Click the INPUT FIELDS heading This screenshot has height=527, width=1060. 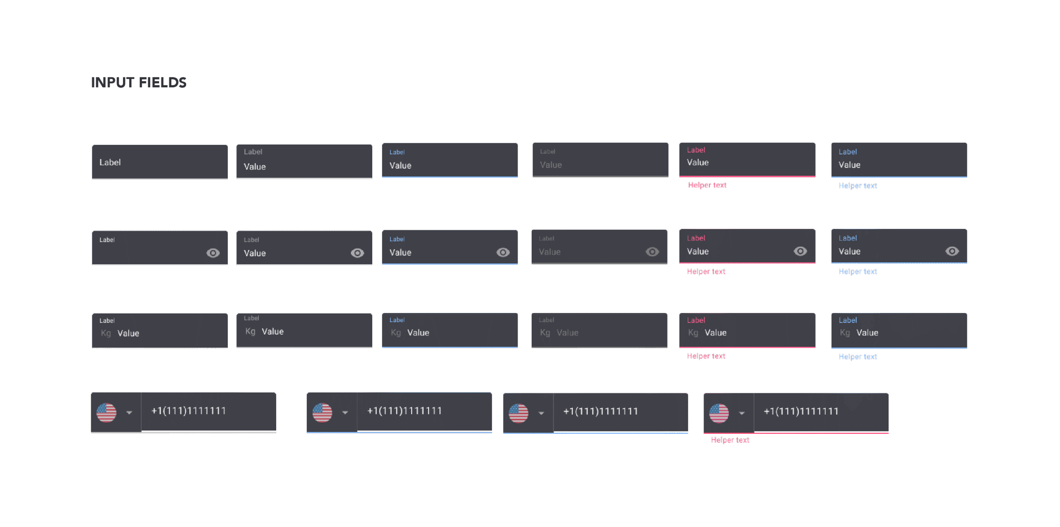pyautogui.click(x=139, y=82)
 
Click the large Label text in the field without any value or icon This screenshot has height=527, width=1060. pyautogui.click(x=110, y=162)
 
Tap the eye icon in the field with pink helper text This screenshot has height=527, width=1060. pyautogui.click(x=800, y=251)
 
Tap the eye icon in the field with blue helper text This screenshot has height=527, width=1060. pyautogui.click(x=952, y=251)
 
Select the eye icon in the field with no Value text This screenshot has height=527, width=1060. pyautogui.click(x=213, y=253)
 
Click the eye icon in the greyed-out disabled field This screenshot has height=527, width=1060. pyautogui.click(x=652, y=252)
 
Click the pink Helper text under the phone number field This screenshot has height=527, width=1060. pyautogui.click(x=730, y=440)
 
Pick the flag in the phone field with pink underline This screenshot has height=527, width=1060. pyautogui.click(x=719, y=413)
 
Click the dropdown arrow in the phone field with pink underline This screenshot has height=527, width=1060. pyautogui.click(x=742, y=413)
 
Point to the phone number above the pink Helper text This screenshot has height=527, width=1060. pyautogui.click(x=801, y=411)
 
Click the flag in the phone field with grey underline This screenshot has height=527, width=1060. pyautogui.click(x=106, y=412)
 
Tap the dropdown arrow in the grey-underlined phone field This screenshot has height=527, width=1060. pyautogui.click(x=129, y=413)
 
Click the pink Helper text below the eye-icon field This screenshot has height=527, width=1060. pyautogui.click(x=706, y=272)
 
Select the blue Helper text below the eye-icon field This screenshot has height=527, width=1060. pyautogui.click(x=858, y=272)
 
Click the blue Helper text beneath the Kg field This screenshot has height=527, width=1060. pyautogui.click(x=858, y=357)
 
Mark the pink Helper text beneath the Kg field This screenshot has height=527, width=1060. pyautogui.click(x=706, y=356)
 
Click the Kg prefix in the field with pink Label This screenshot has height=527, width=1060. pyautogui.click(x=693, y=333)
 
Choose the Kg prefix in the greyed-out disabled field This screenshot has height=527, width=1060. pyautogui.click(x=545, y=333)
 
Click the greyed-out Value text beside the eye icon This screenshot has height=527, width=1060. pyautogui.click(x=549, y=252)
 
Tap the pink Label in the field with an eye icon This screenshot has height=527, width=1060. pyautogui.click(x=696, y=238)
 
